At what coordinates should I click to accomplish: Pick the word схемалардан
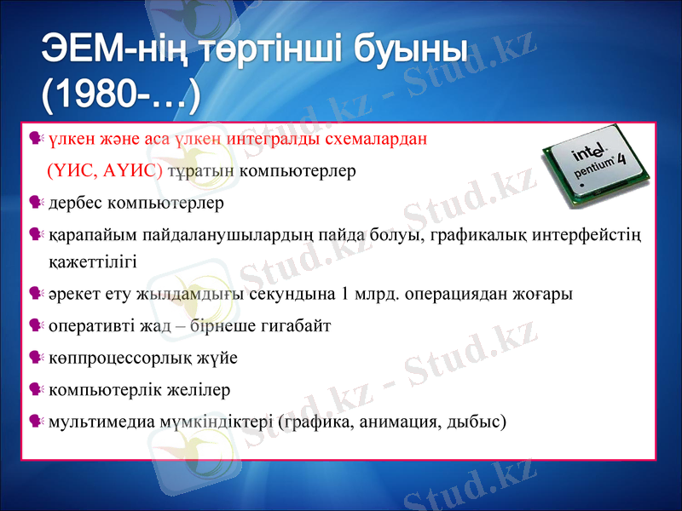tap(361, 138)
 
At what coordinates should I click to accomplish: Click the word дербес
tap(74, 204)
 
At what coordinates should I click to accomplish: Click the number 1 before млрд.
tap(344, 295)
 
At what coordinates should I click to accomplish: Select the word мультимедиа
tap(93, 421)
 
